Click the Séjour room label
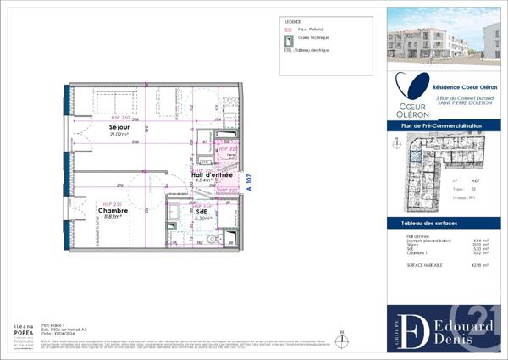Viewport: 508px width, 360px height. tap(118, 127)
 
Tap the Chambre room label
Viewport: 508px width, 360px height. tap(113, 210)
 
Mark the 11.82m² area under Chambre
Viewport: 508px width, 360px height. tap(113, 217)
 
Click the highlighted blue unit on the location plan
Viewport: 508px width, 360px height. tap(413, 152)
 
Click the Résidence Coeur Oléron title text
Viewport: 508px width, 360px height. tap(465, 86)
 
